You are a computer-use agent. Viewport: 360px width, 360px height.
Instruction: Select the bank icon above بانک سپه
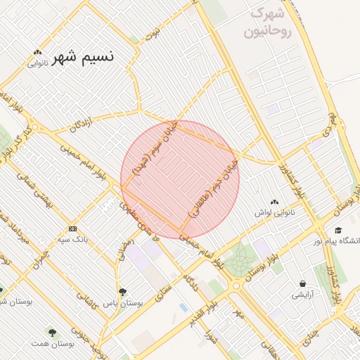(x=73, y=229)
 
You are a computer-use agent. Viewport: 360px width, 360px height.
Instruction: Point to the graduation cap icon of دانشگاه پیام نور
(x=338, y=230)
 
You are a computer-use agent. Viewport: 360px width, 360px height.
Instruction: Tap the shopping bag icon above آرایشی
(x=302, y=283)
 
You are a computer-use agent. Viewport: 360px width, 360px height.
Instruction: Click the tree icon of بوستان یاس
(x=122, y=291)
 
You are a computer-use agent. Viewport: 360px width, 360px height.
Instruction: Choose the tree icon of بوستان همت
(x=52, y=332)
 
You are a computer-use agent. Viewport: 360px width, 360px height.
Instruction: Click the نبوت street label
(x=152, y=32)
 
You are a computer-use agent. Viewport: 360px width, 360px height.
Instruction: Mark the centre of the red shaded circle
(x=180, y=179)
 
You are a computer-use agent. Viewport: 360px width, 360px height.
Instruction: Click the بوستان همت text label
(x=52, y=345)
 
